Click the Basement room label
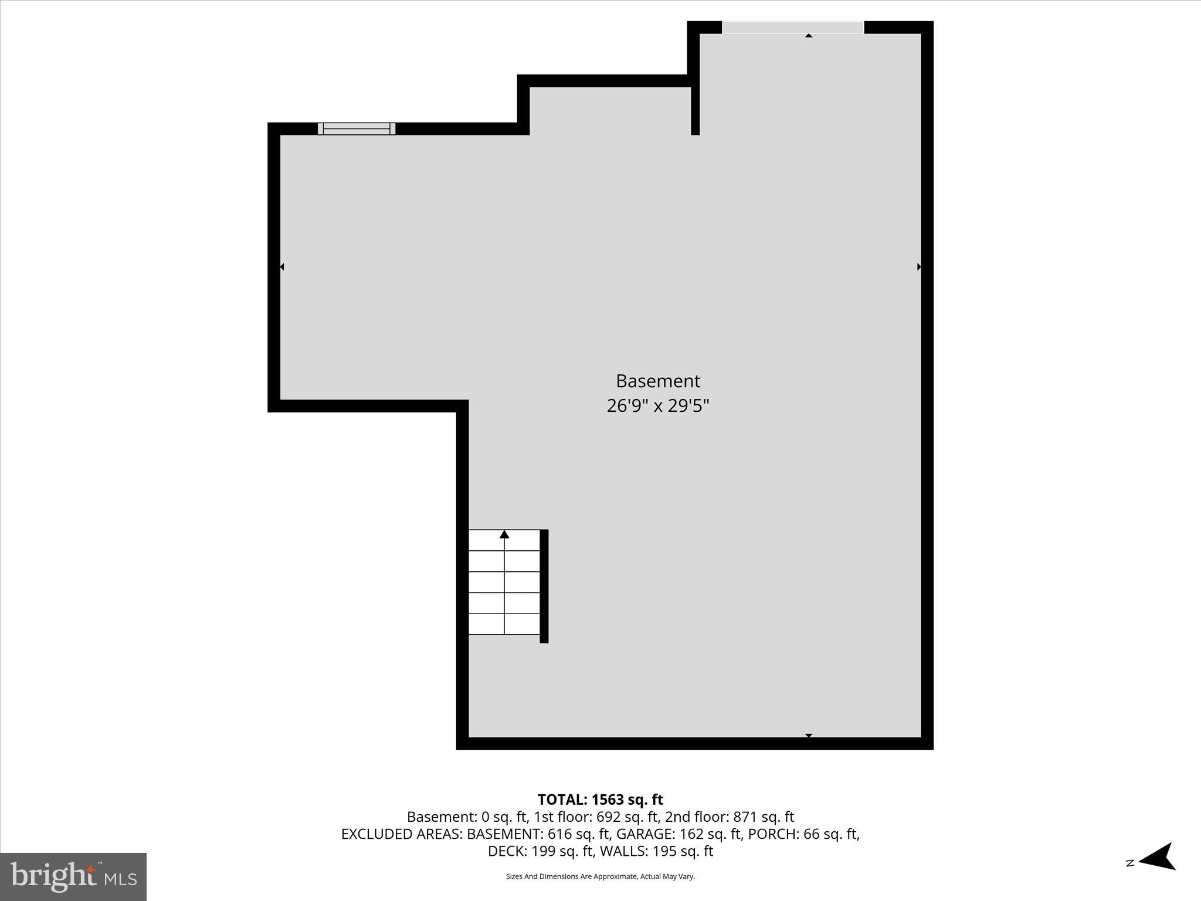[x=657, y=381]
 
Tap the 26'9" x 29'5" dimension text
[x=657, y=406]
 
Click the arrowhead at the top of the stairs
[x=504, y=534]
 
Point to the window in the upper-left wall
[x=357, y=128]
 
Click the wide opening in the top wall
[x=793, y=27]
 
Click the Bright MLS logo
[x=73, y=876]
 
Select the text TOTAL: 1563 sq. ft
[x=600, y=800]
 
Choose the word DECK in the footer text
[x=507, y=851]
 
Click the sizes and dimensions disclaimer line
[x=600, y=876]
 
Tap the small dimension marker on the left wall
[x=282, y=267]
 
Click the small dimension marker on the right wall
[x=919, y=267]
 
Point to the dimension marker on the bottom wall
[x=809, y=735]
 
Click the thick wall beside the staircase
[x=544, y=586]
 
